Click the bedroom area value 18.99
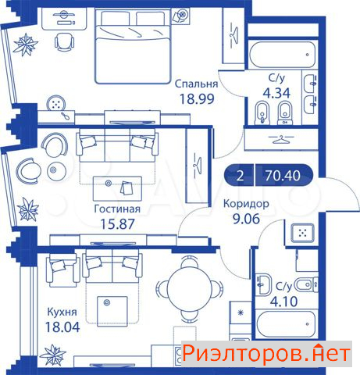(197, 99)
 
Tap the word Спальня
(196, 84)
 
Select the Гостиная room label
(117, 209)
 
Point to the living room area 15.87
(117, 224)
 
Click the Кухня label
(62, 312)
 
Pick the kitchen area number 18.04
(62, 327)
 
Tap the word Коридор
(246, 203)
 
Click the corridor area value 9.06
(246, 219)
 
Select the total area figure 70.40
(283, 176)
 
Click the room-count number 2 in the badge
(240, 176)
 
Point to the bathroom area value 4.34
(276, 93)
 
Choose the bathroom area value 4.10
(283, 302)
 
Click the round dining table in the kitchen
(189, 288)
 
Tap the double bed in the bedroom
(133, 46)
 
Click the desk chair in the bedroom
(64, 42)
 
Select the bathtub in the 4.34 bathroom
(283, 55)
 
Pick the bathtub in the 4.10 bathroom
(286, 324)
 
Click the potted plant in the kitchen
(53, 355)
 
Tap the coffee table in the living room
(117, 188)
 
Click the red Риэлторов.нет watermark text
(266, 354)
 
